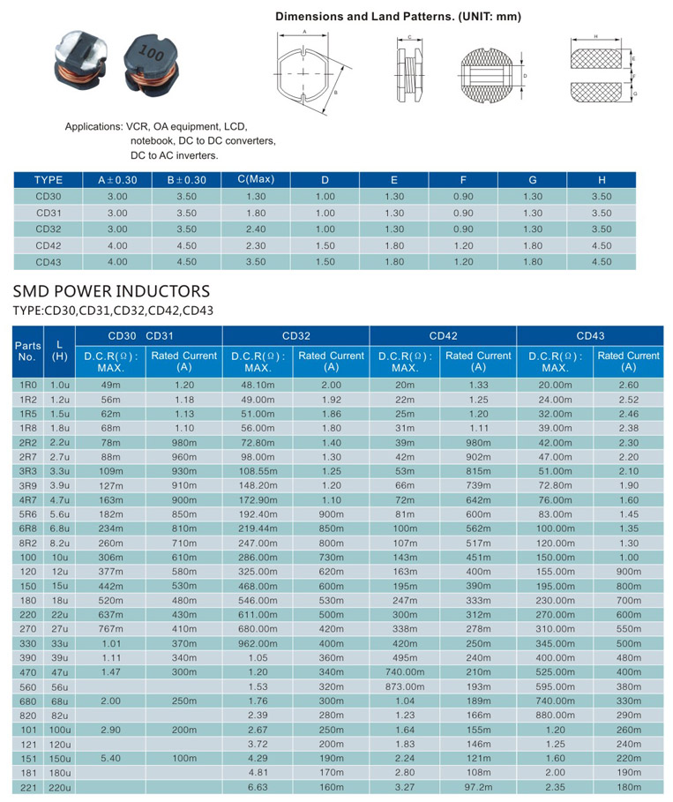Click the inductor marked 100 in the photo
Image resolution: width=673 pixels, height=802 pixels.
tap(152, 63)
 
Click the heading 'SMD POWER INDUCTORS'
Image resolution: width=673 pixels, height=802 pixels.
tap(111, 291)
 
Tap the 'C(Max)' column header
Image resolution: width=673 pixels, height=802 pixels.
tap(256, 179)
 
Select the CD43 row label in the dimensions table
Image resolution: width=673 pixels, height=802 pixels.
tap(48, 262)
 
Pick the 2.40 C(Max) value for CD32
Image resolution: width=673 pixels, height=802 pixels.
tap(256, 229)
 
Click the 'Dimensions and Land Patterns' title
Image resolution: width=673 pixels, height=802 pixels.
tap(399, 17)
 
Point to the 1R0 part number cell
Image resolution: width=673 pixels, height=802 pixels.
tap(28, 386)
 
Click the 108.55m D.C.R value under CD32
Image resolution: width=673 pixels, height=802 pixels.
tap(258, 471)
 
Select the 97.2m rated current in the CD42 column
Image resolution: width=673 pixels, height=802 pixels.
tap(478, 787)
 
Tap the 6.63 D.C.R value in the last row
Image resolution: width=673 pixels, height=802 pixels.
tap(258, 787)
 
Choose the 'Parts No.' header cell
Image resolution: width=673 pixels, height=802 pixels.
tap(27, 351)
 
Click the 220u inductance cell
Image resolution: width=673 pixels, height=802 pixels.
tap(60, 788)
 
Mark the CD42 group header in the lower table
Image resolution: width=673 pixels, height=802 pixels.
tap(443, 336)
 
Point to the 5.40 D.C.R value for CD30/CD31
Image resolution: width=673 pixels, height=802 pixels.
tap(110, 758)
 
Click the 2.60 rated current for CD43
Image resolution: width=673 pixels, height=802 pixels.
tap(629, 386)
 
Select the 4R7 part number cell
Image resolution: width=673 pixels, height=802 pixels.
tap(28, 499)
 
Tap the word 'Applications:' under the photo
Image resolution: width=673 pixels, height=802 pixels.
tap(94, 126)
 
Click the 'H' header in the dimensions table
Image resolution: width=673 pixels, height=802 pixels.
tap(602, 180)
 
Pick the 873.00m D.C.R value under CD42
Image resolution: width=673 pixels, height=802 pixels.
tap(405, 686)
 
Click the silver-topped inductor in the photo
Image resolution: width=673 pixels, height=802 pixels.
tap(81, 58)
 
